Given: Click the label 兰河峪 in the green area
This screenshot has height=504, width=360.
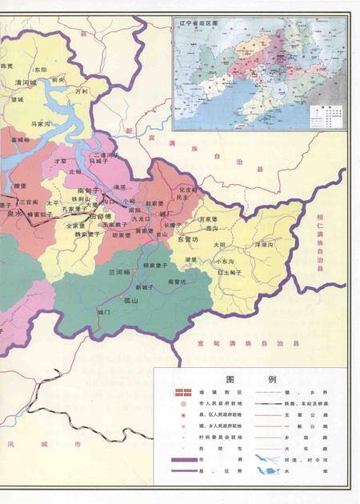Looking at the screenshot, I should (x=120, y=272).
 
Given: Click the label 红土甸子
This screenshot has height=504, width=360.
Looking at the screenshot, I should (x=231, y=273).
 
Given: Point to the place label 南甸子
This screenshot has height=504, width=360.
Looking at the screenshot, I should (x=88, y=190).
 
